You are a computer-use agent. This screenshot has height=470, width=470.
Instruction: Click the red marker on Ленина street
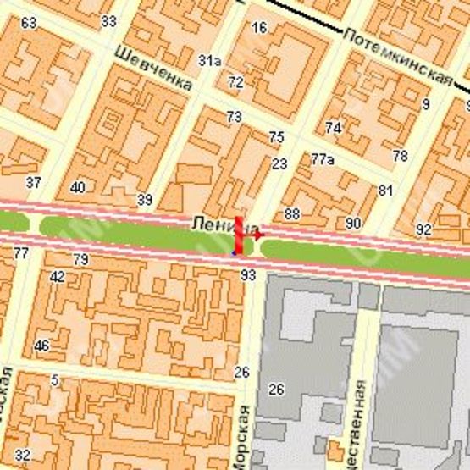[241, 236]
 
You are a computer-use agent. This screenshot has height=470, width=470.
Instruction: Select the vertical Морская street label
[245, 436]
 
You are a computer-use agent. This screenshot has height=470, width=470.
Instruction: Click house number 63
[29, 22]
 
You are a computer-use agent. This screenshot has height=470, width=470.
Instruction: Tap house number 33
[108, 20]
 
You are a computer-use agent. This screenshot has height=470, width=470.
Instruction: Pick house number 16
[259, 28]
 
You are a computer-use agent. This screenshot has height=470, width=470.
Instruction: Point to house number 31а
[208, 60]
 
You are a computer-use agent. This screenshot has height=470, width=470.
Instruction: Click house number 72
[235, 82]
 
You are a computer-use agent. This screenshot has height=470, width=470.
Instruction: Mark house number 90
[354, 223]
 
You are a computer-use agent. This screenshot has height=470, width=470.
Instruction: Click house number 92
[423, 229]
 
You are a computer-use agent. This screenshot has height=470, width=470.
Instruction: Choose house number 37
[34, 182]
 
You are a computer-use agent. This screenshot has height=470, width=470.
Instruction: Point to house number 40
[77, 187]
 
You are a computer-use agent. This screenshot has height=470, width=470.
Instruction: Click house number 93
[248, 274]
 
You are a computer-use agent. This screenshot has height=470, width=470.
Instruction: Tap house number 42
[58, 276]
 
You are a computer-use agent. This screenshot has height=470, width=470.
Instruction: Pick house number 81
[386, 190]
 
